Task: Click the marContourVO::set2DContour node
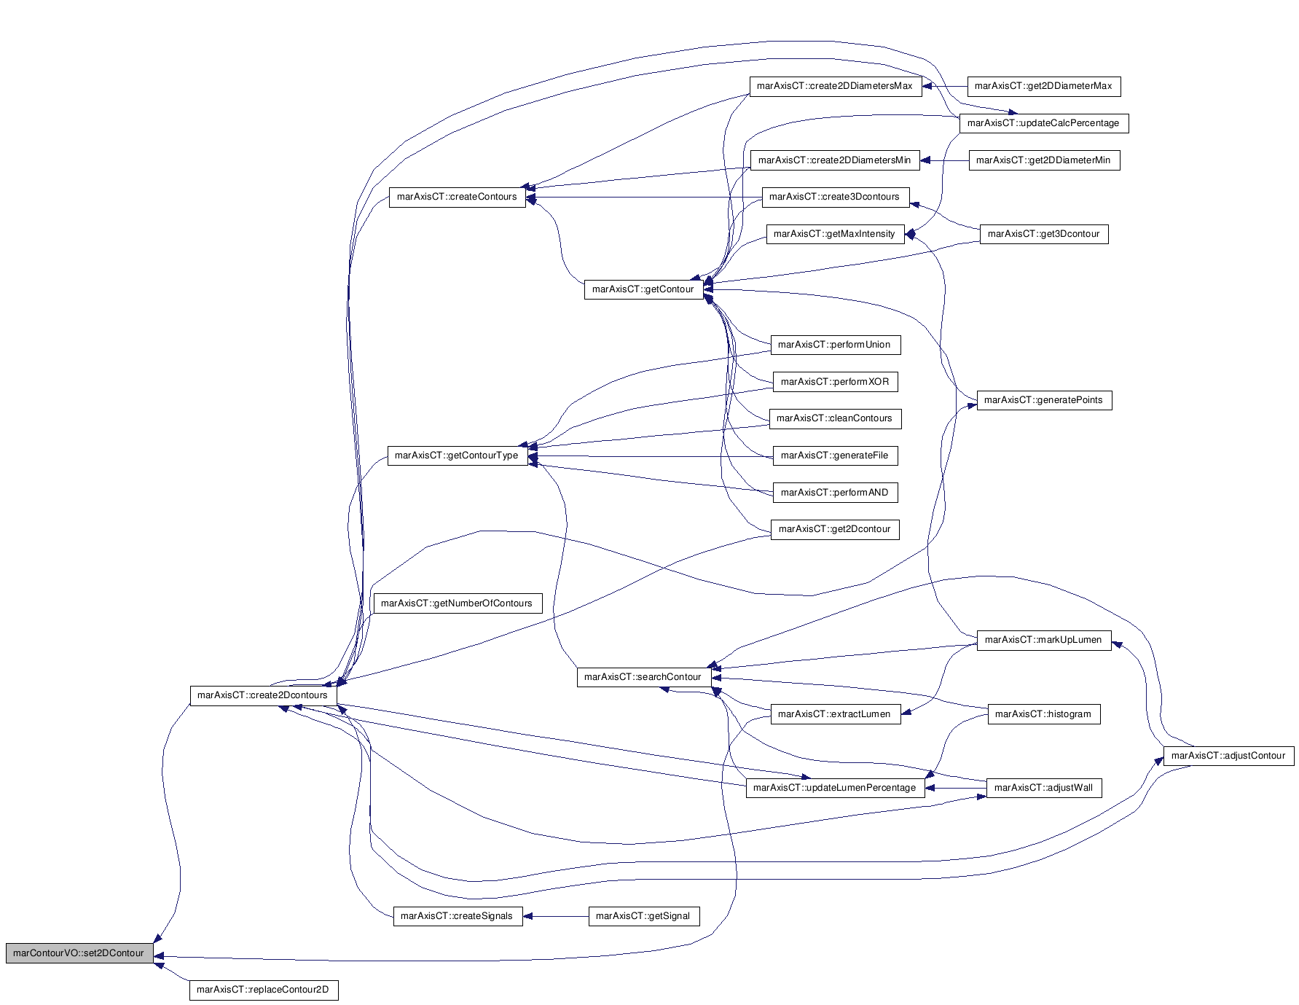click(x=79, y=953)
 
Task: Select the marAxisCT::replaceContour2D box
click(x=264, y=990)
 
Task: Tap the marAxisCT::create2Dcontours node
click(x=263, y=695)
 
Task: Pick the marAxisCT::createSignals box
click(x=458, y=916)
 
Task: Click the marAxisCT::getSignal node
click(x=643, y=916)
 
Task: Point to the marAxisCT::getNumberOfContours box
click(x=458, y=603)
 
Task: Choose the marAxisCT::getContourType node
click(x=458, y=455)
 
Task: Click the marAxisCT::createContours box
click(x=458, y=197)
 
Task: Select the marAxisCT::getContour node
click(x=643, y=289)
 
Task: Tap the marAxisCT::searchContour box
click(x=643, y=677)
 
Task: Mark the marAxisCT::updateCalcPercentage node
click(x=1044, y=123)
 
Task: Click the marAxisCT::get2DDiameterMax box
click(x=1044, y=86)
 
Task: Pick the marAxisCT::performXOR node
click(x=836, y=382)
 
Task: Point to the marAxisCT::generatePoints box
click(x=1044, y=400)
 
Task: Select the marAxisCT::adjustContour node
click(x=1229, y=756)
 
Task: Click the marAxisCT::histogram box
click(x=1044, y=714)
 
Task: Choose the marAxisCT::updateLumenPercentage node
click(x=836, y=788)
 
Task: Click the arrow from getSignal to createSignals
click(x=556, y=916)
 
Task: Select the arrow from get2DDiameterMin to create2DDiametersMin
click(x=945, y=160)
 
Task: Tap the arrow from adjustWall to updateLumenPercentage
click(x=956, y=788)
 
